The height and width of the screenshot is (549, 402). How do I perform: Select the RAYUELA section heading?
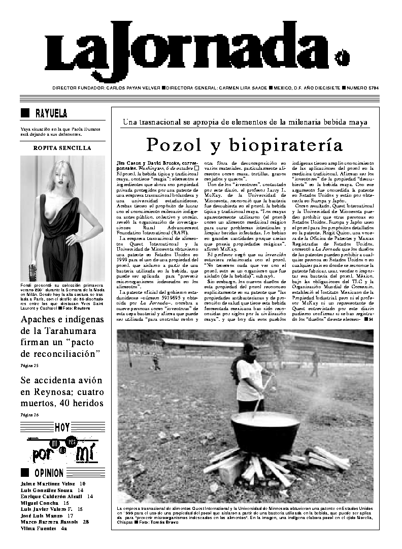51,113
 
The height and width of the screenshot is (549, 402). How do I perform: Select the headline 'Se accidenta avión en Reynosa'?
61,391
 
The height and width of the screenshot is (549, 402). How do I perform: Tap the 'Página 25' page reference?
29,365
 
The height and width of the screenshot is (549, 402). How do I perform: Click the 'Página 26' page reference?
29,415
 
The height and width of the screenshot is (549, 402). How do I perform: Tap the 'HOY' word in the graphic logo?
62,428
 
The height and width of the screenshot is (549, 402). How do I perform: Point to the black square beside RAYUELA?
24,113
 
